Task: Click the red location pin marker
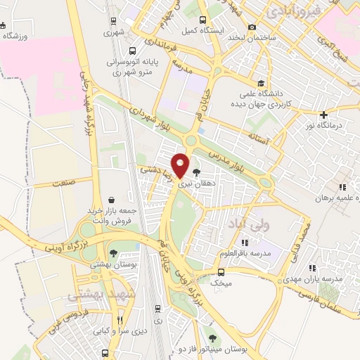pos(181,165)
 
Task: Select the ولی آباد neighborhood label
pos(249,224)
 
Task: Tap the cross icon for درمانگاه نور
pos(323,114)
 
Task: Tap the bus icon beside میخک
pos(221,272)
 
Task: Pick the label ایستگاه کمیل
pos(200,31)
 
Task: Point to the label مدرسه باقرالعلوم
pos(250,252)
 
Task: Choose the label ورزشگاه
pos(15,36)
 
